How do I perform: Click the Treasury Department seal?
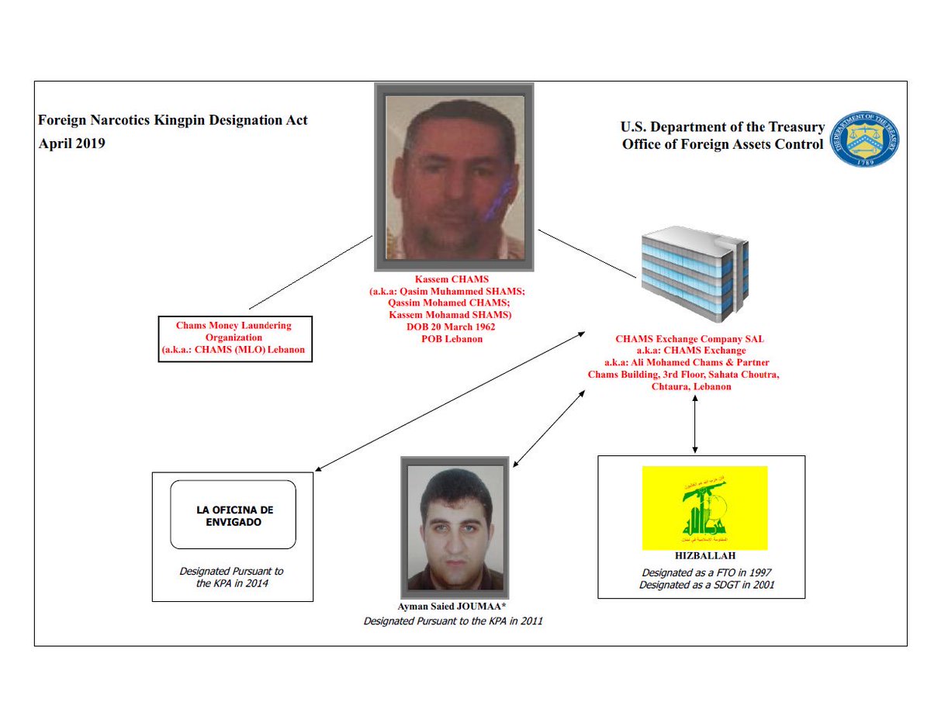(x=864, y=138)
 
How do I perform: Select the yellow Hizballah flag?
(x=704, y=507)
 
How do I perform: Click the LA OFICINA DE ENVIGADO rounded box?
(x=233, y=516)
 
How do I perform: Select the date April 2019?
(x=72, y=143)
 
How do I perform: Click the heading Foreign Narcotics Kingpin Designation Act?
(x=173, y=121)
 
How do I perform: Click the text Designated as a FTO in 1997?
(x=704, y=572)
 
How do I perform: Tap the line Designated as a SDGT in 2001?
(x=704, y=585)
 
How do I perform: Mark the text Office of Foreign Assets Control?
(x=722, y=144)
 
